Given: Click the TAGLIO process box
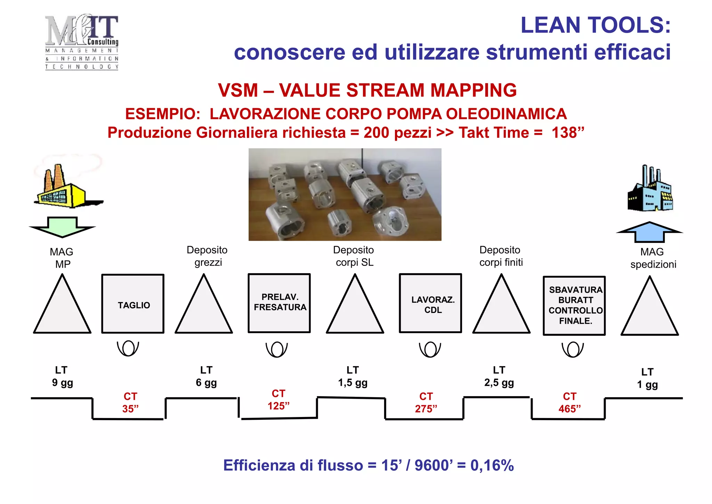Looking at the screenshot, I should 133,304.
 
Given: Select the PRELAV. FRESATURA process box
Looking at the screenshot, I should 279,303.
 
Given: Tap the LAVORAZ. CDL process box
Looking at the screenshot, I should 430,303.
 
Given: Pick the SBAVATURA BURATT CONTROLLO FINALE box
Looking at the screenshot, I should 574,306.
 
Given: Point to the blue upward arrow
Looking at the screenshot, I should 649,232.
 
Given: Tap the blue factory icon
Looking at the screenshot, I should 650,190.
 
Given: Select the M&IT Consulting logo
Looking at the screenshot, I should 82,42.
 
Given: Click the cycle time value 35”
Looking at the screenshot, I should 130,409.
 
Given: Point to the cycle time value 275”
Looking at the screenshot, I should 426,409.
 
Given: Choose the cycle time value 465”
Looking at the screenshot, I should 569,409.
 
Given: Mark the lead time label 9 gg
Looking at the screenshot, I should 62,383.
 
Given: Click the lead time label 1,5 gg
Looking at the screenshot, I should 353,383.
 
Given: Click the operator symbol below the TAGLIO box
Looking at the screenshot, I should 128,348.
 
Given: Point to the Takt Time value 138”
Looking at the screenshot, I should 568,133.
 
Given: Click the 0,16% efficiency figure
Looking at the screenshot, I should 492,465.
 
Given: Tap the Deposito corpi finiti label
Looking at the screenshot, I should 501,256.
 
